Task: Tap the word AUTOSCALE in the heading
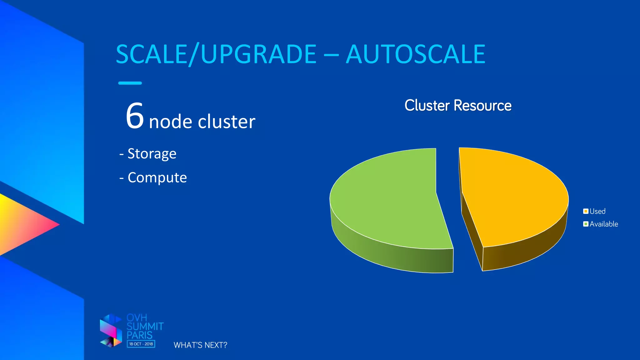(415, 54)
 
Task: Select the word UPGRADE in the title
(259, 54)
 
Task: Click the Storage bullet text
(152, 154)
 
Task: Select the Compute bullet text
(157, 177)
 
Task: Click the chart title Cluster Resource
(458, 105)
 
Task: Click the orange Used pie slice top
(512, 197)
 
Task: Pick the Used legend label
(597, 211)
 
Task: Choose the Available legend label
(603, 224)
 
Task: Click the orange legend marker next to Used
(586, 211)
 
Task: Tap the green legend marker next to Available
(586, 224)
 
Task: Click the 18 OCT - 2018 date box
(141, 344)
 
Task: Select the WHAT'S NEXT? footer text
(200, 345)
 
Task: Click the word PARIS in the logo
(139, 335)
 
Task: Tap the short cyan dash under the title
(130, 83)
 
